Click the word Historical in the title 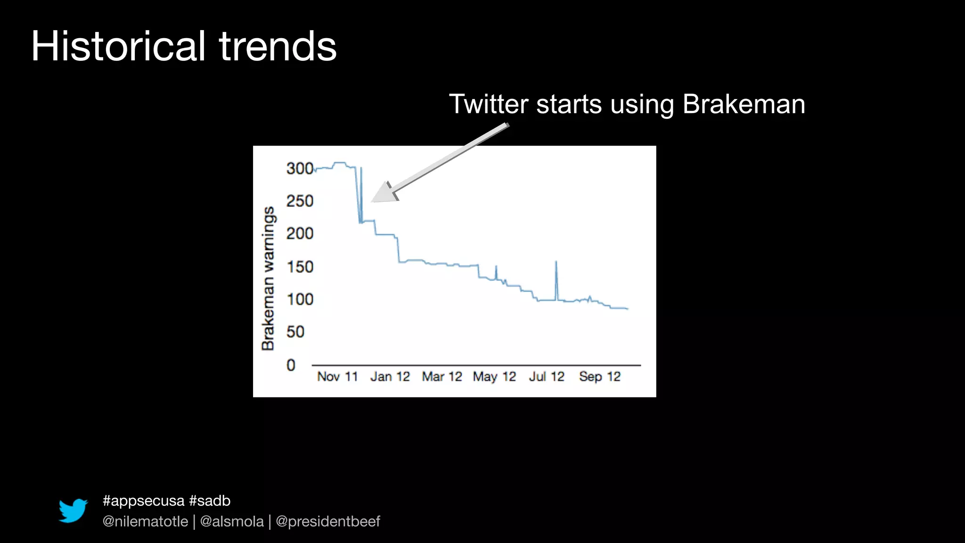pyautogui.click(x=118, y=46)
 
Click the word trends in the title pyautogui.click(x=278, y=46)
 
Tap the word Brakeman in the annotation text pyautogui.click(x=744, y=104)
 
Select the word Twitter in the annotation pyautogui.click(x=488, y=104)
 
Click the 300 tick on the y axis pyautogui.click(x=300, y=168)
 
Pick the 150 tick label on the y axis pyautogui.click(x=300, y=267)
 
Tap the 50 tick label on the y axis pyautogui.click(x=295, y=332)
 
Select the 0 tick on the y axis pyautogui.click(x=291, y=365)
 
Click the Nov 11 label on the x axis pyautogui.click(x=337, y=377)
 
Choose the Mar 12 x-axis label pyautogui.click(x=442, y=377)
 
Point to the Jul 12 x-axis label pyautogui.click(x=546, y=377)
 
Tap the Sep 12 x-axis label pyautogui.click(x=599, y=377)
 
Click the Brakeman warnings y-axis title pyautogui.click(x=268, y=278)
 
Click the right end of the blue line pyautogui.click(x=627, y=309)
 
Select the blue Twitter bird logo pyautogui.click(x=73, y=510)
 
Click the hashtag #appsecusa pyautogui.click(x=143, y=501)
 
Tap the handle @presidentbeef pyautogui.click(x=327, y=521)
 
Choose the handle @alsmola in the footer pyautogui.click(x=232, y=521)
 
